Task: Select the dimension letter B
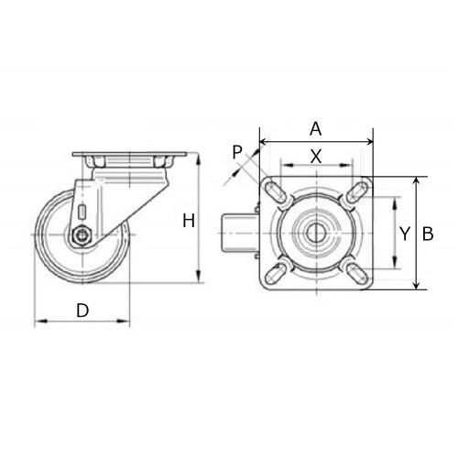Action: (427, 234)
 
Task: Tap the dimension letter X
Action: (316, 156)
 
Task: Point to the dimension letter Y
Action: (404, 234)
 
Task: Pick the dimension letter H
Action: (188, 220)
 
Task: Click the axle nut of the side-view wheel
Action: (80, 236)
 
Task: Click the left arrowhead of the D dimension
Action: (38, 322)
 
